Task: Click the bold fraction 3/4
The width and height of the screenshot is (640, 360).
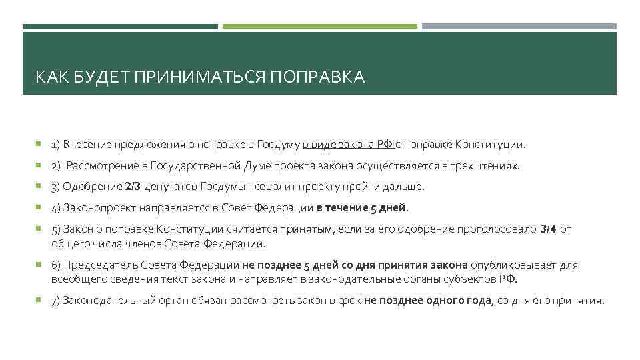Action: (548, 229)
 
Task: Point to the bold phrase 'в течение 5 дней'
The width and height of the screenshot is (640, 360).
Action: (361, 208)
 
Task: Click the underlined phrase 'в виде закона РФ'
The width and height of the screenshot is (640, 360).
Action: (347, 144)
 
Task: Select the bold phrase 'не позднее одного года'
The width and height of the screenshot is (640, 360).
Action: (427, 301)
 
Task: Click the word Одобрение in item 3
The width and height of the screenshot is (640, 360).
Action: (93, 187)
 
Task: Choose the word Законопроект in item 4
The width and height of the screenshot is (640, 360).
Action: (100, 208)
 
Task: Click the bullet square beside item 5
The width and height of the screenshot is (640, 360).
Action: (40, 229)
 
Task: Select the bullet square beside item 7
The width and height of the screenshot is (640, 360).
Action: (40, 301)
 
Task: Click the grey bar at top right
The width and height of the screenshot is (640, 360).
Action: (519, 27)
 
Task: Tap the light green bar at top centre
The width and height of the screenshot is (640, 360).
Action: (320, 27)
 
